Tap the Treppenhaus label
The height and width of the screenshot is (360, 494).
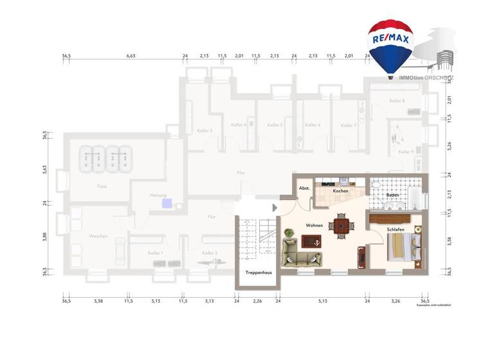pos(259,273)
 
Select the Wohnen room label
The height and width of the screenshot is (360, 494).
pos(314,226)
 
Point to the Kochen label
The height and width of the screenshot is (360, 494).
pos(340,192)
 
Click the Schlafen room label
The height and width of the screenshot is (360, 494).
pos(396,230)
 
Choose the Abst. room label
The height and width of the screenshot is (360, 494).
pos(304,188)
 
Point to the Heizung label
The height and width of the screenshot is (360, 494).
pos(158,195)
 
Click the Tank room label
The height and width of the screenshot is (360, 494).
pos(102,186)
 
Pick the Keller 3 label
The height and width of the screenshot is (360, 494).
pos(205,130)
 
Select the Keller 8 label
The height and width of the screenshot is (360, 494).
pos(397,101)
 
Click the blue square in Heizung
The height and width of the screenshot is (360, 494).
pos(167,204)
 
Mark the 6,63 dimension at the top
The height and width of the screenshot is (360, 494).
pos(131,56)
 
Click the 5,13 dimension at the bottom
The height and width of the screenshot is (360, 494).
pos(322,301)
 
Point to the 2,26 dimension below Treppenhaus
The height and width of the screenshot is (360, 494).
pos(257,301)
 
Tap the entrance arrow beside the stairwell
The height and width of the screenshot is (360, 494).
pos(275,208)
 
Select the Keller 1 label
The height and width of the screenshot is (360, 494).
pos(155,253)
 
